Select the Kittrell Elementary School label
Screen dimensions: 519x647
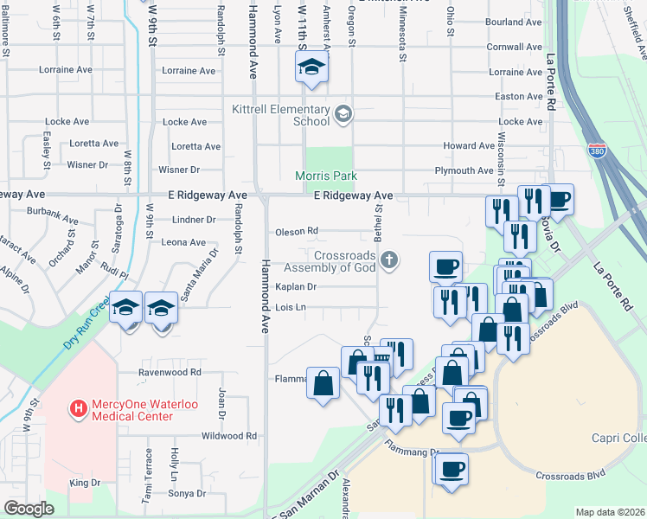[x=281, y=115]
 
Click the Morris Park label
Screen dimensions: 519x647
[x=326, y=176]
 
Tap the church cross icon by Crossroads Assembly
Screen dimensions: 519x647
[x=390, y=259]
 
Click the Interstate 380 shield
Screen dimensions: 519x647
[x=597, y=150]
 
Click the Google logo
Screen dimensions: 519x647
[x=29, y=509]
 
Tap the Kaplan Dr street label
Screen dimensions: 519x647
[x=296, y=286]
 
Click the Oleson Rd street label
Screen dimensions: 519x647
[x=297, y=231]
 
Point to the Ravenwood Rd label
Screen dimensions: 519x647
[x=170, y=372]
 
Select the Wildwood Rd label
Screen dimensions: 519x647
[x=228, y=436]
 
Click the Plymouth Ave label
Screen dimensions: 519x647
[x=464, y=171]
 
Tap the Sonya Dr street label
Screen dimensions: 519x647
[x=188, y=494]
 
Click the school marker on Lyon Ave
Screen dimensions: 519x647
[x=311, y=67]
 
